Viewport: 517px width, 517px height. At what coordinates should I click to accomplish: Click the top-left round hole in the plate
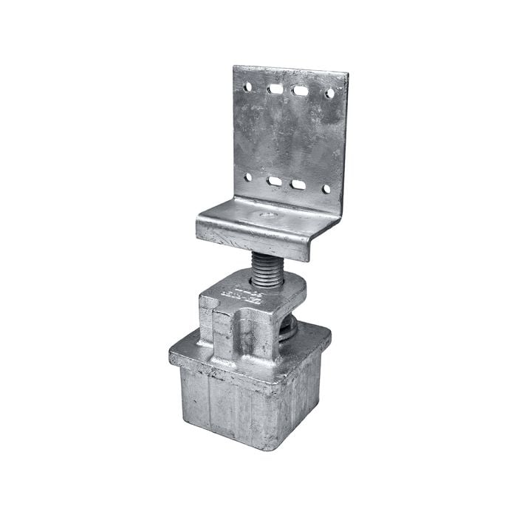[x=247, y=86]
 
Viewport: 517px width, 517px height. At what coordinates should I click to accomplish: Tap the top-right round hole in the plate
[x=329, y=94]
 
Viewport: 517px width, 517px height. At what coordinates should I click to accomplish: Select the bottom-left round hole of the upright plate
[x=248, y=177]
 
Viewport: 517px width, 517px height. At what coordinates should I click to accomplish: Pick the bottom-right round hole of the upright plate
[x=326, y=189]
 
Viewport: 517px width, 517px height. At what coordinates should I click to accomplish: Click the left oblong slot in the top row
[x=275, y=89]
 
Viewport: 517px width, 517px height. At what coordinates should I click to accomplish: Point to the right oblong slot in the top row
[x=301, y=91]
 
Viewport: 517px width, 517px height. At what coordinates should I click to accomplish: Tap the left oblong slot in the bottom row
[x=275, y=180]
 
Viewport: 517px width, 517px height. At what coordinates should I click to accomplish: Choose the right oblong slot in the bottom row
[x=298, y=184]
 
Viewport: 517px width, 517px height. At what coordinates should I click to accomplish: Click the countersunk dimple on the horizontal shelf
[x=268, y=216]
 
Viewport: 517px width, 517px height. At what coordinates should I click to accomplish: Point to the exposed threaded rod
[x=267, y=267]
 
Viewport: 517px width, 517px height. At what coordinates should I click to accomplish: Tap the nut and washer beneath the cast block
[x=288, y=328]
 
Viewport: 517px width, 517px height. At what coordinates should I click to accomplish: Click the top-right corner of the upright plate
[x=347, y=73]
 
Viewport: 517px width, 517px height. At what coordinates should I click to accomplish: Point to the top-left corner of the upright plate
[x=234, y=66]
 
